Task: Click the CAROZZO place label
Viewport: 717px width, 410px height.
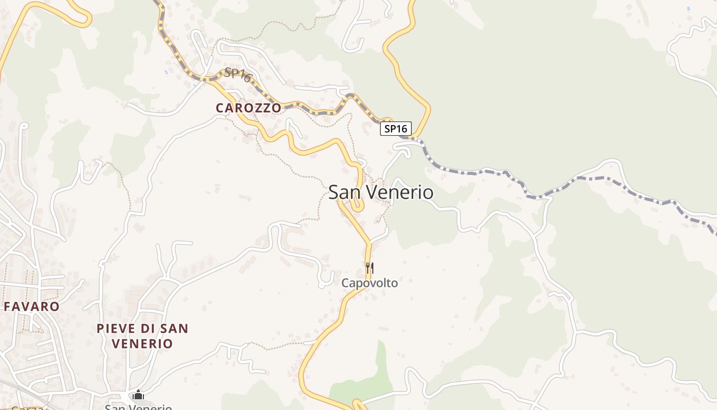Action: pyautogui.click(x=248, y=108)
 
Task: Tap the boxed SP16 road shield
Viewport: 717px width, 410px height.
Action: pyautogui.click(x=395, y=129)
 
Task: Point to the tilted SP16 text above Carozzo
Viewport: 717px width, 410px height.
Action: pyautogui.click(x=239, y=75)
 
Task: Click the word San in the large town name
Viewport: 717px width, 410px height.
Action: pyautogui.click(x=345, y=193)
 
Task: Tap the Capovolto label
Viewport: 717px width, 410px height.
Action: pyautogui.click(x=369, y=283)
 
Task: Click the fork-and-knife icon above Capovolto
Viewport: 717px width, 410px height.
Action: pyautogui.click(x=369, y=268)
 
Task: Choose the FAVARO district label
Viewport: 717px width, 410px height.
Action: pyautogui.click(x=32, y=306)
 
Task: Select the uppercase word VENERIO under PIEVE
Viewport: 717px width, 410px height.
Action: pyautogui.click(x=142, y=343)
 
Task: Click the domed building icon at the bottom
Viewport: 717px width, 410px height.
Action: pyautogui.click(x=138, y=395)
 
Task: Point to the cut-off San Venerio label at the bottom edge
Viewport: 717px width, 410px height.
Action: pyautogui.click(x=138, y=407)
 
